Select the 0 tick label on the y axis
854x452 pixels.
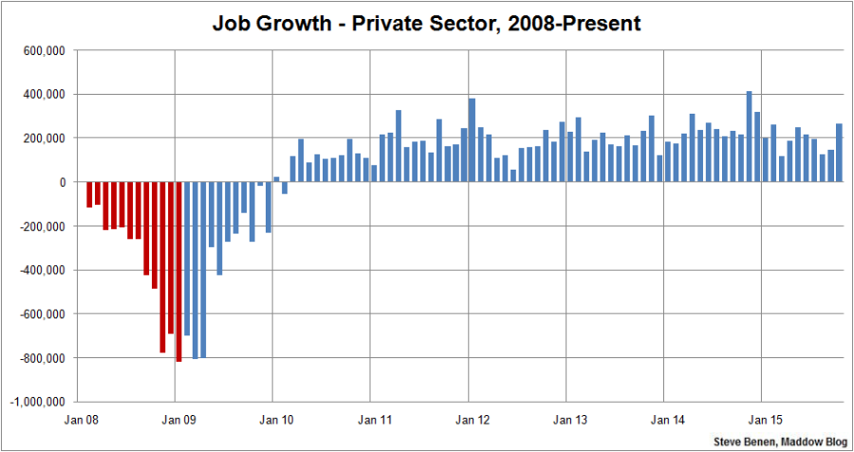coord(62,182)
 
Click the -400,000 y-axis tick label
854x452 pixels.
coord(40,270)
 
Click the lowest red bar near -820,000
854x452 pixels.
coord(178,271)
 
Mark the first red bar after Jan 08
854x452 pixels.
coord(89,194)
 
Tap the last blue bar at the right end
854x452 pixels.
coord(839,153)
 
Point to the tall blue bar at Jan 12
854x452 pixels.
coord(472,140)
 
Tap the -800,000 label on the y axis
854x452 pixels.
coord(40,358)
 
